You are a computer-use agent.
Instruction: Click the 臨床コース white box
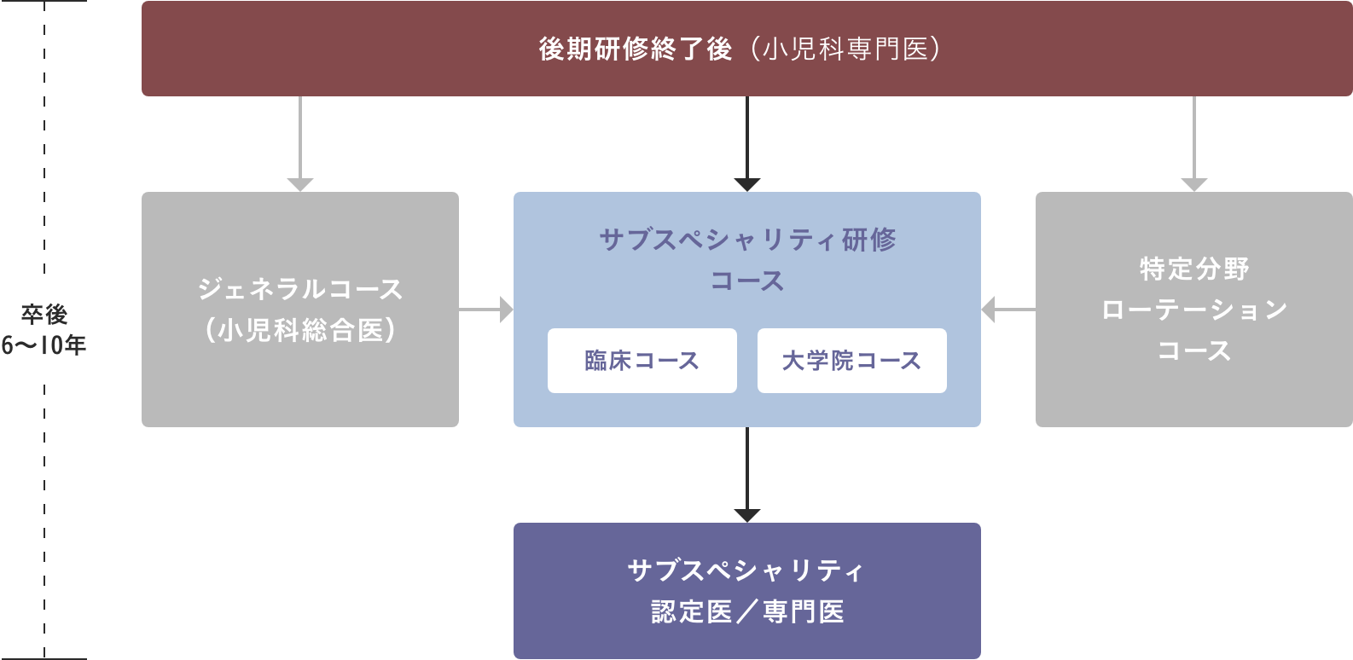642,361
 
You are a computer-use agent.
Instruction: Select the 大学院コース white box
851,361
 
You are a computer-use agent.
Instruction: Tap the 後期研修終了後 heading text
636,49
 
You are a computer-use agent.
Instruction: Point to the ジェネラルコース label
300,289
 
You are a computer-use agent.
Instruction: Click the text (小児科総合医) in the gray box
300,330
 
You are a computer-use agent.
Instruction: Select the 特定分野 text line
1193,269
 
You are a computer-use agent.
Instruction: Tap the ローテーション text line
1193,310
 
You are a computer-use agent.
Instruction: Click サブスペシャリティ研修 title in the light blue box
747,240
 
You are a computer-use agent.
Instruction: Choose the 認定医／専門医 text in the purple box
747,611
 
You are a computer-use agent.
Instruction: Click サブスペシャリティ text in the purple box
747,570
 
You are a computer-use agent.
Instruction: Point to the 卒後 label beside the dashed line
44,315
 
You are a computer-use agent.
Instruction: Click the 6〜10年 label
44,345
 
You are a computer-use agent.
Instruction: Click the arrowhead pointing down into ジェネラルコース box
300,184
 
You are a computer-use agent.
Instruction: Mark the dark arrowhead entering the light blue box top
747,184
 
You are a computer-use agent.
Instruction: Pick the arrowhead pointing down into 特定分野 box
1193,184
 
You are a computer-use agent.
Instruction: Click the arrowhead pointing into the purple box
747,515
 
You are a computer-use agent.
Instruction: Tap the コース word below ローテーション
1193,350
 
